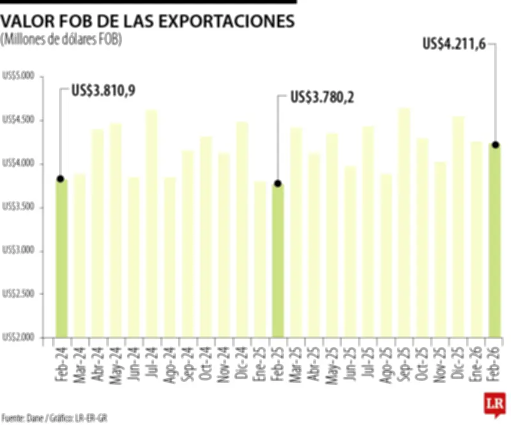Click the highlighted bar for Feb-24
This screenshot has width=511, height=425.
click(x=61, y=258)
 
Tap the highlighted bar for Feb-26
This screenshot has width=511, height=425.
click(x=495, y=241)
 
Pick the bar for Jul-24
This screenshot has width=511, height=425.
click(x=151, y=223)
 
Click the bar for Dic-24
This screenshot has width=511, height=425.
click(x=242, y=229)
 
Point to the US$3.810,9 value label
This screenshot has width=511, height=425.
click(x=103, y=91)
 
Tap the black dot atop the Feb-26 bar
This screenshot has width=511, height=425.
click(x=496, y=144)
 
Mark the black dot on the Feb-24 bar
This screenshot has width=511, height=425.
click(x=61, y=179)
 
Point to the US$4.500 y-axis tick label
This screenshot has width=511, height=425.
click(x=19, y=120)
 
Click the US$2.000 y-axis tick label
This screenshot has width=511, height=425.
click(x=19, y=337)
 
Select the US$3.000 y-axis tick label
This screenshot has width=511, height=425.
click(x=19, y=251)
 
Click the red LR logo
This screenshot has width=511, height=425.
click(x=494, y=405)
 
